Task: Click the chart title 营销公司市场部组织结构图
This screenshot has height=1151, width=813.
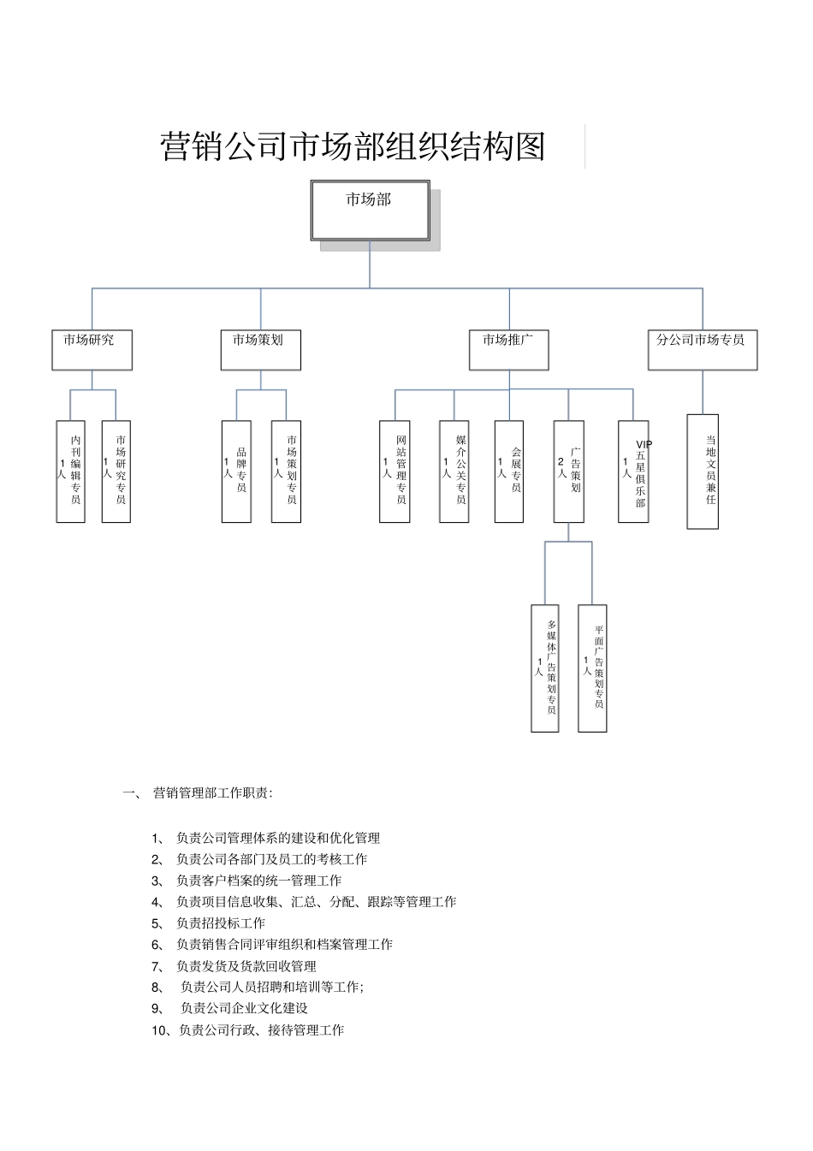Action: coord(353,146)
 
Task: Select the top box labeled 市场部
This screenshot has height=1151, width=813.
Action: coord(370,211)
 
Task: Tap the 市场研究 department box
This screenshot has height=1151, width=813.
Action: coord(92,350)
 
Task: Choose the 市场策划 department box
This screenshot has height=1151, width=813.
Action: coord(260,350)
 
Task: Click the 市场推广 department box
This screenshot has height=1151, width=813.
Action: coord(508,350)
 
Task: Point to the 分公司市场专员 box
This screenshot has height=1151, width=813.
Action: coord(702,350)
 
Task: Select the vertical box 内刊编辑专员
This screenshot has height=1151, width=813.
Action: coord(71,471)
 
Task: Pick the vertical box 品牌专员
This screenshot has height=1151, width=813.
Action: coord(236,471)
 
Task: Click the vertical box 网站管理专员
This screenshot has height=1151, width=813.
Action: coord(395,471)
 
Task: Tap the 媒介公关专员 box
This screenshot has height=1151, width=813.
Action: coord(454,471)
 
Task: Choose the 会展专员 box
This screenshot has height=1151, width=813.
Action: coord(509,471)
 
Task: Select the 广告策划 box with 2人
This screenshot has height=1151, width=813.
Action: coord(568,471)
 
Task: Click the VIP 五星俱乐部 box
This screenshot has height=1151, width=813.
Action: coord(633,471)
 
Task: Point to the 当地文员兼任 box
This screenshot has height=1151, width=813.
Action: coord(703,471)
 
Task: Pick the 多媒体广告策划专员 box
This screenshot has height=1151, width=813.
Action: coord(545,667)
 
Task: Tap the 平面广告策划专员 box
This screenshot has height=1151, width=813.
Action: coord(592,667)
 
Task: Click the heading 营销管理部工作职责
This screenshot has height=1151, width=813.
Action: coord(212,793)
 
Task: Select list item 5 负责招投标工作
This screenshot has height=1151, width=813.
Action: coord(220,923)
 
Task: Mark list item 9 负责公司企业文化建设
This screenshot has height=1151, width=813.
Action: coord(244,1008)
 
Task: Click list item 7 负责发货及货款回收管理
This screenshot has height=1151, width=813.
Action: coord(246,966)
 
